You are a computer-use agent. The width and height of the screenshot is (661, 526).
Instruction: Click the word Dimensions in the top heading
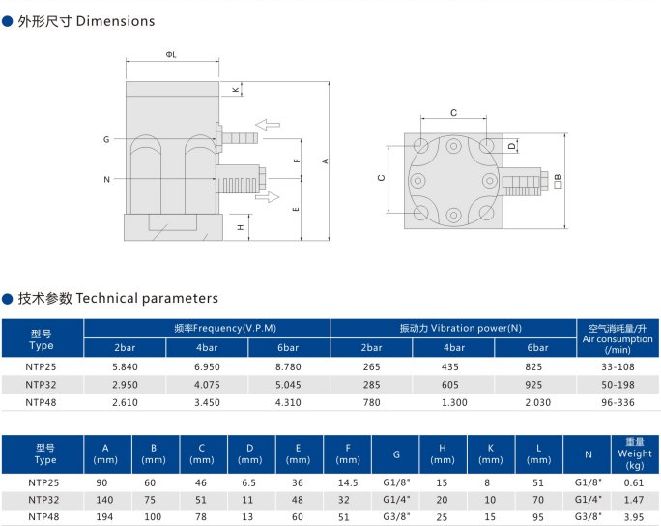tap(115, 20)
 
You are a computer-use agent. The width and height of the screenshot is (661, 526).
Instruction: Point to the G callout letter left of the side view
tap(106, 140)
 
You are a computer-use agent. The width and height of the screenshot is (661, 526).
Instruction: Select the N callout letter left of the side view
tap(106, 180)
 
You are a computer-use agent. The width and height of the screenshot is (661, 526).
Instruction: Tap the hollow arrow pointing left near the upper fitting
tap(268, 124)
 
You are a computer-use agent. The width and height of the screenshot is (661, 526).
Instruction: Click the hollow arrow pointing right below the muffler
tap(268, 196)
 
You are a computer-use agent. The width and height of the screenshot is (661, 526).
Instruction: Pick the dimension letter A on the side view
tap(325, 161)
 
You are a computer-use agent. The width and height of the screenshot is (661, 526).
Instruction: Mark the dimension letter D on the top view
tap(511, 146)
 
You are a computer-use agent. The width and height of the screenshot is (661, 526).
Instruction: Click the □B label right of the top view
tap(559, 181)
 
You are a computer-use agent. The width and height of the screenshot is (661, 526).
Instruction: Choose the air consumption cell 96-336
tap(619, 401)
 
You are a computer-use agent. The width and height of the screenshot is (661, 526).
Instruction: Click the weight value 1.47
tap(634, 501)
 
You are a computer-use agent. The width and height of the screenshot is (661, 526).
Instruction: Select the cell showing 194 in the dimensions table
tap(104, 517)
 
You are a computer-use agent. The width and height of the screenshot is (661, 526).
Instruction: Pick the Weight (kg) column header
tap(634, 453)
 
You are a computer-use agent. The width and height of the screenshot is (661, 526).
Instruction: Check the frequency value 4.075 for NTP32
tap(206, 385)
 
